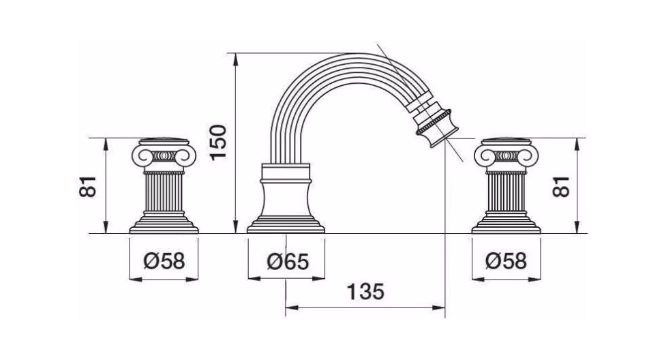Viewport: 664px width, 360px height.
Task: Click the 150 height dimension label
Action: click(x=219, y=141)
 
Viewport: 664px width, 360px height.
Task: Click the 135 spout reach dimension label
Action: click(x=365, y=292)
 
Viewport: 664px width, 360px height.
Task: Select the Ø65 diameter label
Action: click(x=288, y=261)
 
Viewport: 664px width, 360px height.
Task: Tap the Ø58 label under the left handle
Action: click(x=164, y=261)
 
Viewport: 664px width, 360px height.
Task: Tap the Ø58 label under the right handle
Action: click(x=506, y=261)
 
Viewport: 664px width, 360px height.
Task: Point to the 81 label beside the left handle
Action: click(x=88, y=186)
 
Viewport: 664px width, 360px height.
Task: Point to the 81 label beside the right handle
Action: click(x=562, y=186)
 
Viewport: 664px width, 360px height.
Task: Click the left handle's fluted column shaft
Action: click(x=164, y=193)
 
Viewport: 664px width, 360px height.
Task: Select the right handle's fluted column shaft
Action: click(x=507, y=193)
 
